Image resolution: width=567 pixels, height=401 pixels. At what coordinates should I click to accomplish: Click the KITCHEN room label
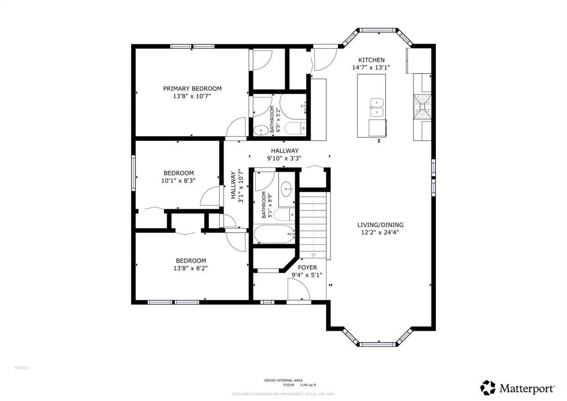coord(371,60)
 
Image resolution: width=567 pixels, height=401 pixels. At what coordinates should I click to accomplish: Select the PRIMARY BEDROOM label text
coord(192,89)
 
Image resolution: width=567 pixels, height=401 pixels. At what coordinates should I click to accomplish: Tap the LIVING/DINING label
coord(380,225)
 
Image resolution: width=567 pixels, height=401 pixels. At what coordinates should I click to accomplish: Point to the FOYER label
coord(307,268)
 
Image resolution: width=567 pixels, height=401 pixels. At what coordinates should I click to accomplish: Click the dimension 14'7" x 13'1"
coord(371,68)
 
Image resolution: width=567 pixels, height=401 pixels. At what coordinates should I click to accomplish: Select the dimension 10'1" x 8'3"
coord(178,180)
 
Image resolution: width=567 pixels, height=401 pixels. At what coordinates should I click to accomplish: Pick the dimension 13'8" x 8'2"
coord(190,268)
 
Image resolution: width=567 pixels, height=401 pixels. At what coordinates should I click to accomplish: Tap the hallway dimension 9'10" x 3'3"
coord(285,158)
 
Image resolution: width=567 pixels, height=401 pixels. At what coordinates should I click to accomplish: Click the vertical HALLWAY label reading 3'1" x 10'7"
coord(237,184)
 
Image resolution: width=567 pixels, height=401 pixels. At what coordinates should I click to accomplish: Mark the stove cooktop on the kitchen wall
coord(421,105)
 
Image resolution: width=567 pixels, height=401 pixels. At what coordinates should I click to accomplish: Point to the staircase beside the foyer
coord(313,224)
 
